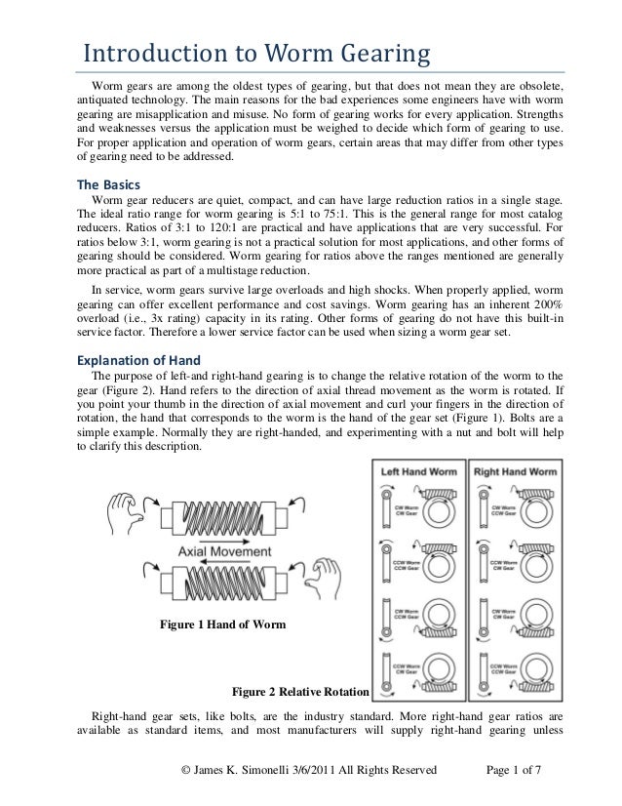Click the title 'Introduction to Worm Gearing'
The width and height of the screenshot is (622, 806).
click(254, 52)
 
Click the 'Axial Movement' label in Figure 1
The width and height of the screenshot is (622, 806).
click(225, 551)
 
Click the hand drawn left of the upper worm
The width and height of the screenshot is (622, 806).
click(127, 508)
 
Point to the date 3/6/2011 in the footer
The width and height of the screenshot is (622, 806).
click(319, 771)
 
